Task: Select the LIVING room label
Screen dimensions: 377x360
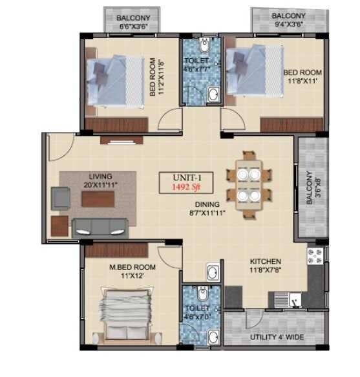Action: [x=101, y=176]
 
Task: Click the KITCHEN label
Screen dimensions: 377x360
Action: [x=268, y=263]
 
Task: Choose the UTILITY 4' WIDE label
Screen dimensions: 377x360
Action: [x=277, y=338]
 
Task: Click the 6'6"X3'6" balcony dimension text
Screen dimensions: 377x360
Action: [x=134, y=27]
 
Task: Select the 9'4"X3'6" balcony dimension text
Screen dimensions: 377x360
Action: [x=288, y=26]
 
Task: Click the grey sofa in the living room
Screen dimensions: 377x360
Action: [x=100, y=226]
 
